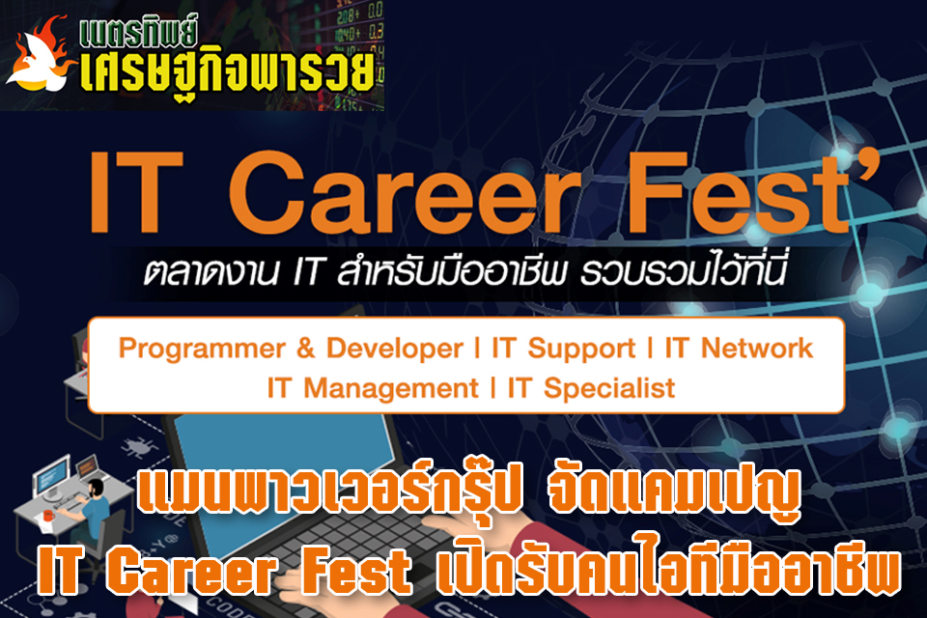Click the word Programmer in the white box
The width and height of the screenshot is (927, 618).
(202, 349)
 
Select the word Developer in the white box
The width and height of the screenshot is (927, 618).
(395, 348)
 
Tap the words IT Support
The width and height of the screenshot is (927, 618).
(563, 349)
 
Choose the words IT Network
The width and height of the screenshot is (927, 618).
(739, 348)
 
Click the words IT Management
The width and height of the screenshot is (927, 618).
(373, 388)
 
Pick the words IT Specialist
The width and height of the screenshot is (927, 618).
(591, 388)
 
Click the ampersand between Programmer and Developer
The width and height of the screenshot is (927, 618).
(306, 348)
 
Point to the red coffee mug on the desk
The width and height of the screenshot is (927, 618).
(48, 516)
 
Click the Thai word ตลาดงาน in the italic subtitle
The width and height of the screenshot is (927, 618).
(211, 272)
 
